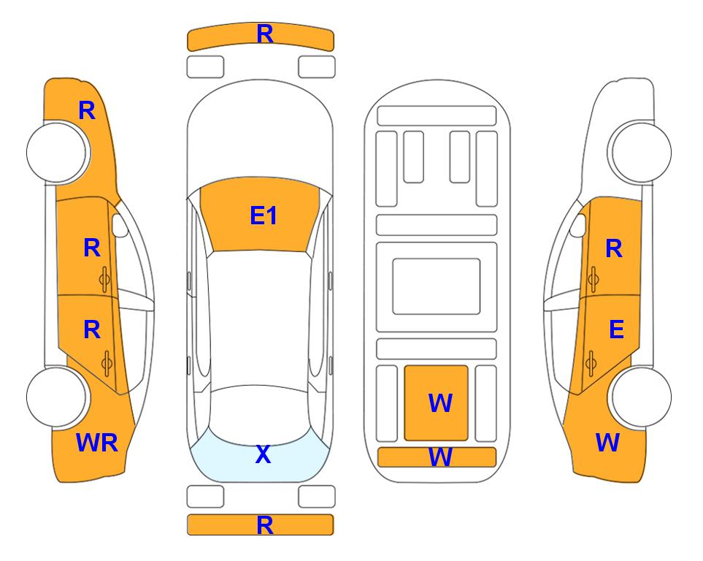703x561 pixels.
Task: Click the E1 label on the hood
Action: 264,215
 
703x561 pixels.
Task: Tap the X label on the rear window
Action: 264,454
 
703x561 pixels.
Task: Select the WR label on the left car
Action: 97,443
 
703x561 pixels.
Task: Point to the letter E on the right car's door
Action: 616,329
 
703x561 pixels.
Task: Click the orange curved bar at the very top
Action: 261,37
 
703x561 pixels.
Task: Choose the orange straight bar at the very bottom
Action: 261,524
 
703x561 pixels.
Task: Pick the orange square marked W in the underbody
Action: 437,403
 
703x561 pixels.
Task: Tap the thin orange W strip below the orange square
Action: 437,457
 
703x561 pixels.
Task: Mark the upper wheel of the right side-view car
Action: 642,153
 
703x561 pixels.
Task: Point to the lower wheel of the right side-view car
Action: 642,397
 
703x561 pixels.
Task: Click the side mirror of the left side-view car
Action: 120,225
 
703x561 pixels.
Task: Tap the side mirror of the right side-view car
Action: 578,225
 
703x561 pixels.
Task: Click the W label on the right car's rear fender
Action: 607,443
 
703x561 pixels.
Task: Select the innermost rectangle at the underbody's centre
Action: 437,286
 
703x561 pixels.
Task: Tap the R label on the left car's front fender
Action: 87,110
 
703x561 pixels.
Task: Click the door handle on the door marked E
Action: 591,364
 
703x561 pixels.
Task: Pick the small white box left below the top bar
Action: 205,67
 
